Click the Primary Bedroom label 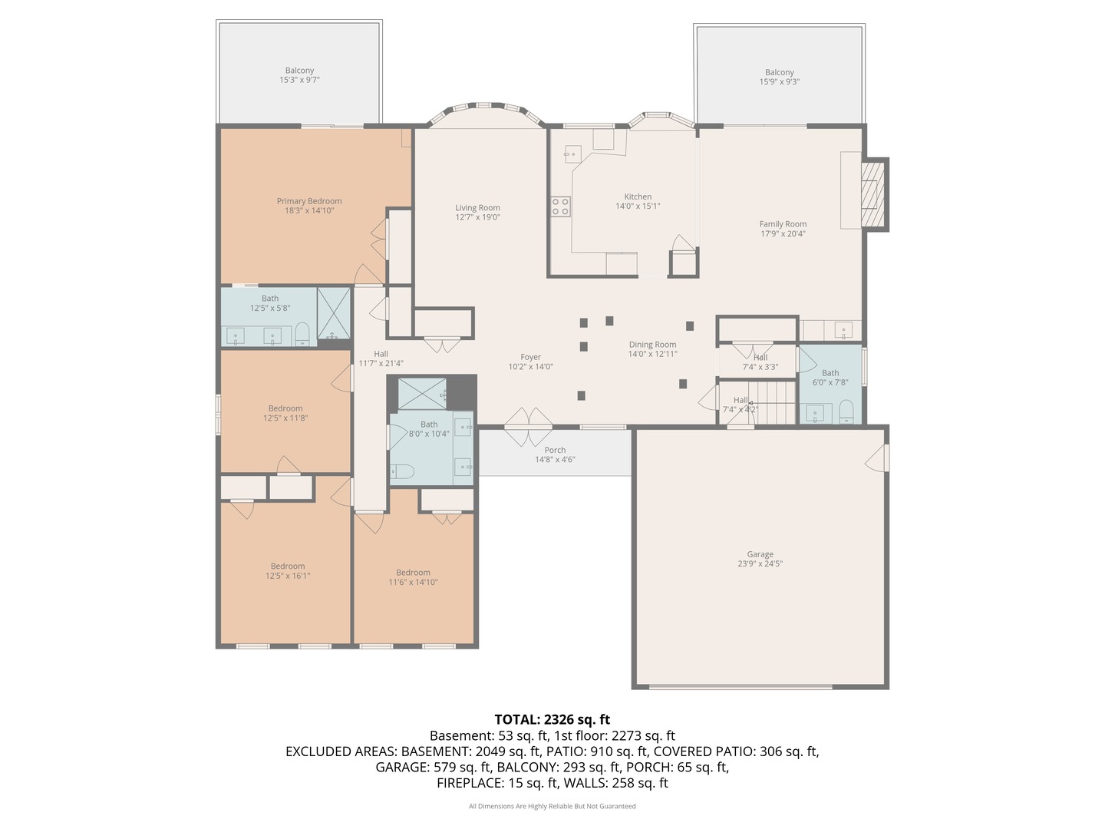click(x=308, y=201)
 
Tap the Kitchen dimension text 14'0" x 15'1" click(x=638, y=206)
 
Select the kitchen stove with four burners click(x=560, y=206)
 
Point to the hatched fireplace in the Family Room click(x=873, y=194)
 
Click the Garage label click(x=760, y=554)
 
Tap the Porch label click(x=555, y=450)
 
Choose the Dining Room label click(x=652, y=345)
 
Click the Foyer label click(x=530, y=357)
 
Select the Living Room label click(x=477, y=207)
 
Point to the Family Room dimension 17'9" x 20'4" click(x=782, y=233)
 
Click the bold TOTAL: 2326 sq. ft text click(x=552, y=719)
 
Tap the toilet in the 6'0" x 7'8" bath click(x=846, y=412)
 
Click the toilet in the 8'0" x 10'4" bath click(x=402, y=471)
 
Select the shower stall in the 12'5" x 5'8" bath click(x=333, y=313)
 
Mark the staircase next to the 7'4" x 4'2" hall click(x=775, y=402)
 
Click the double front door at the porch click(x=528, y=427)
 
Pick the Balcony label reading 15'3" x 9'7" click(x=299, y=75)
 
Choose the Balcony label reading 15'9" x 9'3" click(x=780, y=77)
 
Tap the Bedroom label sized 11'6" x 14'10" click(x=413, y=576)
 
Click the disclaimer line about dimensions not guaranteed click(x=552, y=806)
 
